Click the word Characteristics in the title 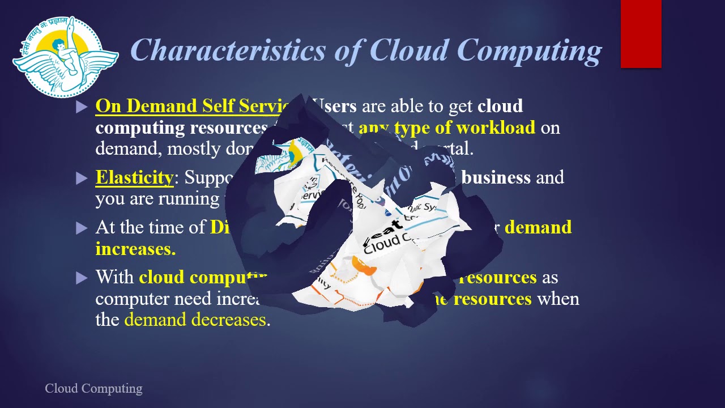click(x=228, y=50)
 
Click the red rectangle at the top click(x=641, y=34)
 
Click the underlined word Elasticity click(x=134, y=177)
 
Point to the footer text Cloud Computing click(x=93, y=389)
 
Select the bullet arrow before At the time click(x=82, y=228)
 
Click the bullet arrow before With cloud click(x=82, y=278)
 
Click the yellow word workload click(x=496, y=128)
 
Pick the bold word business click(x=496, y=177)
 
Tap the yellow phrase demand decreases click(x=195, y=320)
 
